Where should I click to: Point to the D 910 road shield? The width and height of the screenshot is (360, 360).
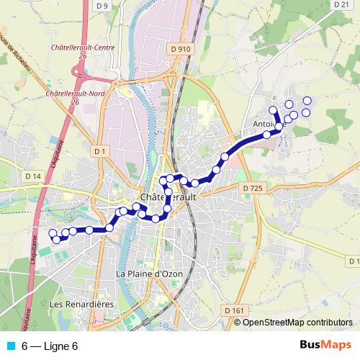click(181, 49)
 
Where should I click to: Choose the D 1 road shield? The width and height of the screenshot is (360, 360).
click(99, 150)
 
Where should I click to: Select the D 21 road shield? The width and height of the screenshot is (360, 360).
click(341, 4)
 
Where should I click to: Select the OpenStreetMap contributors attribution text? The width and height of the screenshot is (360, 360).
click(297, 323)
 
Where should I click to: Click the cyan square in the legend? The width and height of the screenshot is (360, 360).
click(10, 346)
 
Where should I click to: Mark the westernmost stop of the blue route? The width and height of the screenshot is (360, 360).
click(52, 233)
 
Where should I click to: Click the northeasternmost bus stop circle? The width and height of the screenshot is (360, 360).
click(307, 100)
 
